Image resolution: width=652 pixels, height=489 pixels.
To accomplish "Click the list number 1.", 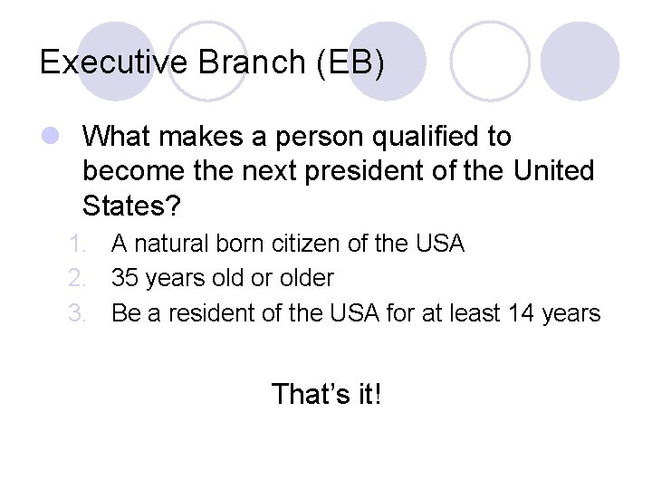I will click(x=78, y=244).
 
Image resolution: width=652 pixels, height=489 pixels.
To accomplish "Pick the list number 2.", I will click(x=78, y=278).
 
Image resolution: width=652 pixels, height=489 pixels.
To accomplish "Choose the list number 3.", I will click(x=78, y=313).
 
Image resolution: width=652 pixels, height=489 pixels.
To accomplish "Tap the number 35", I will click(x=126, y=278).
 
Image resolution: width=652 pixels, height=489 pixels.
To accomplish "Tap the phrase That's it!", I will click(x=327, y=393).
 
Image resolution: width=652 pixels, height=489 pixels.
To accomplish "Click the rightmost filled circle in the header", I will click(x=586, y=61).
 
